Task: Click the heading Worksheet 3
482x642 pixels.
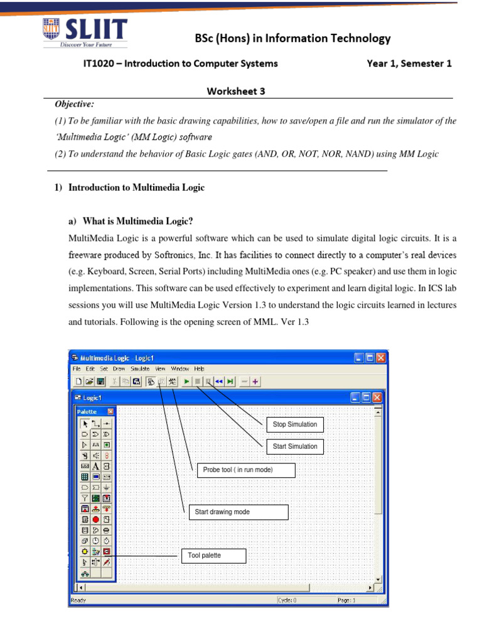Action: (236, 91)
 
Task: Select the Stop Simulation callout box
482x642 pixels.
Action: (295, 424)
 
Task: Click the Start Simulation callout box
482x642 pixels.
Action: (295, 446)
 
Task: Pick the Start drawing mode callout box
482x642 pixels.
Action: (238, 512)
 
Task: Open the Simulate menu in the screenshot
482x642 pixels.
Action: (139, 369)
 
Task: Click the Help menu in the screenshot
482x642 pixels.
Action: (200, 369)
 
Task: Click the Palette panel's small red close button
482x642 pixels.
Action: (110, 412)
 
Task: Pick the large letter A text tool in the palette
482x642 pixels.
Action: (95, 466)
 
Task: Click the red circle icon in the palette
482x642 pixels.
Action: (95, 520)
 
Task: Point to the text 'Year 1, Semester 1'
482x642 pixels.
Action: (409, 63)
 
